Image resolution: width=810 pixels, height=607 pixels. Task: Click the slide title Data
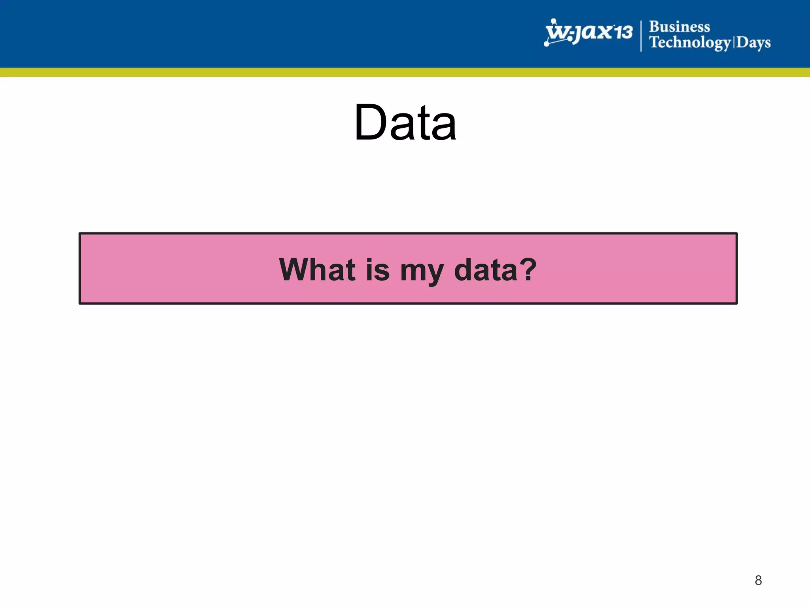click(x=405, y=122)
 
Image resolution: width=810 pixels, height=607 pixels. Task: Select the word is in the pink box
click(x=377, y=270)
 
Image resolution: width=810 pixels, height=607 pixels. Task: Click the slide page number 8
click(x=758, y=580)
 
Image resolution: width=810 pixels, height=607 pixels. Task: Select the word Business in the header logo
click(x=679, y=27)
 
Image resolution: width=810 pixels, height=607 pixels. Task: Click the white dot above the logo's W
click(x=554, y=21)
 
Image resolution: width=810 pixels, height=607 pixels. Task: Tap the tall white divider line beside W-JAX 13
click(x=641, y=36)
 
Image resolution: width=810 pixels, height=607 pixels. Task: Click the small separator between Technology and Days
click(x=734, y=42)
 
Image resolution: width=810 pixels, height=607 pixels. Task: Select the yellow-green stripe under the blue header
click(x=405, y=72)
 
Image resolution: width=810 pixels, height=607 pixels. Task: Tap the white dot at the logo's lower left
click(x=547, y=44)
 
